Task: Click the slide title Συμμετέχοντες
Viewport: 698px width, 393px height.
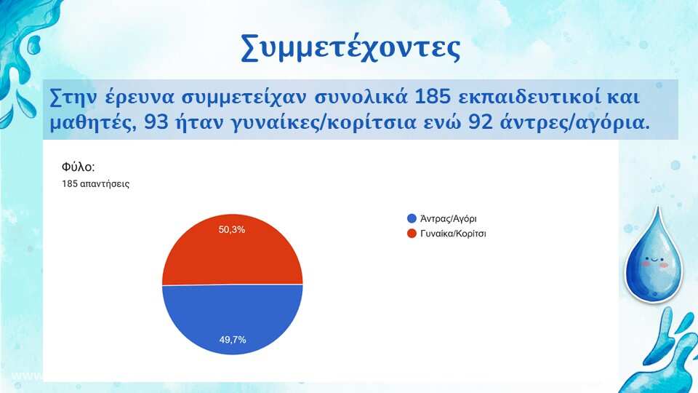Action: [350, 48]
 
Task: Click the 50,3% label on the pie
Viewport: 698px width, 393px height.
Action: [232, 229]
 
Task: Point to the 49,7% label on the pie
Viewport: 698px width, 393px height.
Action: [233, 340]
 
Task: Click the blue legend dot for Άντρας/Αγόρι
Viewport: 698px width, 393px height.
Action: [412, 218]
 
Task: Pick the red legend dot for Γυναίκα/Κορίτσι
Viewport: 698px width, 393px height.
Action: [412, 234]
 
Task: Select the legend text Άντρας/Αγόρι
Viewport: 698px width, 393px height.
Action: [449, 219]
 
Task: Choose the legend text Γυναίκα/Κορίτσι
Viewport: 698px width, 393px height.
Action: [453, 234]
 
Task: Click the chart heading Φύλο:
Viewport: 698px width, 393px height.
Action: [79, 167]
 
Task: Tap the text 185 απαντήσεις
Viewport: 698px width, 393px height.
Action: [96, 184]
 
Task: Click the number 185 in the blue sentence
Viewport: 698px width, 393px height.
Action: [433, 97]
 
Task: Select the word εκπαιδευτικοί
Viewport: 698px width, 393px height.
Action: [529, 97]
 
